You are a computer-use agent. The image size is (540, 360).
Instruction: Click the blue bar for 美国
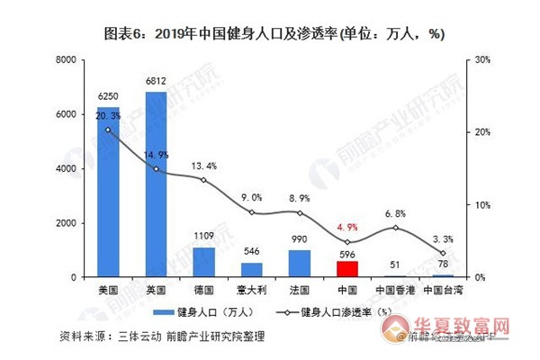coord(108,193)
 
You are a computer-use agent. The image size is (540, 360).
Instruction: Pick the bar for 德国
coord(203,262)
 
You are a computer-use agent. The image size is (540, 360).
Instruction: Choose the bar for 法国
coord(300,263)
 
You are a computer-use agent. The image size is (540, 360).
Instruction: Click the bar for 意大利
coord(251,269)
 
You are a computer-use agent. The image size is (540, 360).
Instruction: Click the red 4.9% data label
coord(347,228)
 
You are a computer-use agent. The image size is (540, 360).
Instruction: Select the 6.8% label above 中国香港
coord(394,214)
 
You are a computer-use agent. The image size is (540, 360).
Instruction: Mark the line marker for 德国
coord(203,180)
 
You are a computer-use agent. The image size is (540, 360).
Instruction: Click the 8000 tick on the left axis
coord(66,60)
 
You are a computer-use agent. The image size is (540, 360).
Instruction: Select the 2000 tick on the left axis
coord(66,223)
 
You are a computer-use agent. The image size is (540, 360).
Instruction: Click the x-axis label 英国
coord(156,292)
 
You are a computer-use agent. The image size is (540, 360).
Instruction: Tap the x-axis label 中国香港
coord(394,292)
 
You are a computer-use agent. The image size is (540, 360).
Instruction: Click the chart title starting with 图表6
coord(270,33)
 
